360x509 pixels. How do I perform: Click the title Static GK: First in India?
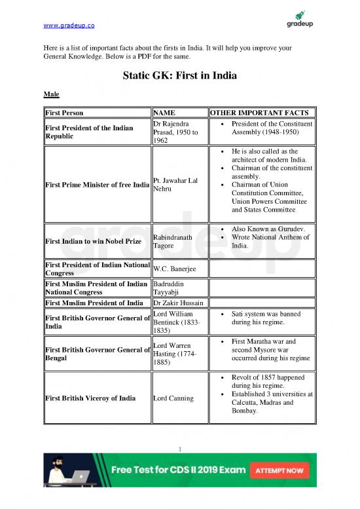179,76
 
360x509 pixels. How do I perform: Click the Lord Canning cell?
173,398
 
